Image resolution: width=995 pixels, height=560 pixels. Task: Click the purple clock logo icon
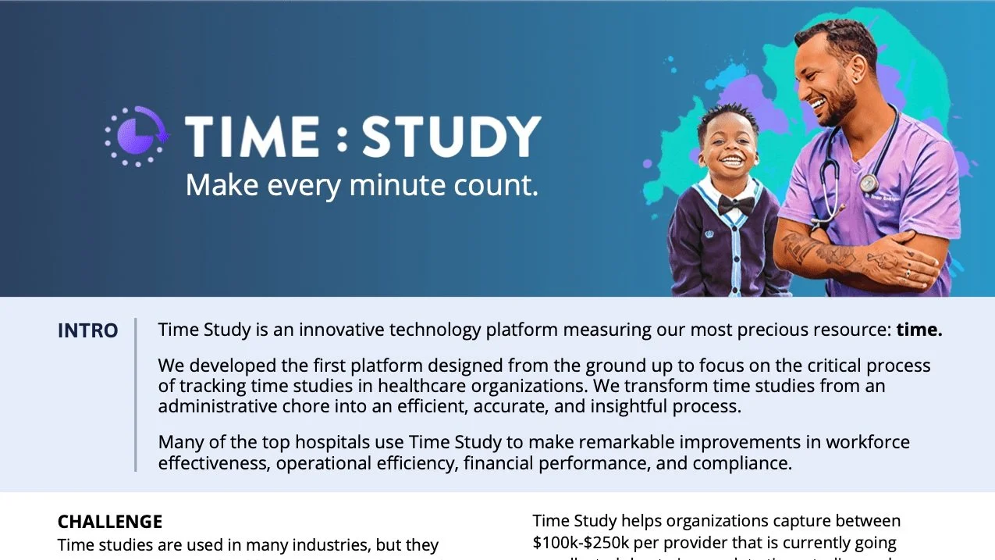pos(137,136)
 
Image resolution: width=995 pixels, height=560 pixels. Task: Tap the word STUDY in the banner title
pos(451,136)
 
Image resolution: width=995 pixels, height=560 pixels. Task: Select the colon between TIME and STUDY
pos(340,137)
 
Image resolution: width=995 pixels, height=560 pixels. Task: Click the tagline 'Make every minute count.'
pos(361,185)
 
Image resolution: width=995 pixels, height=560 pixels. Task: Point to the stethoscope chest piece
pos(868,183)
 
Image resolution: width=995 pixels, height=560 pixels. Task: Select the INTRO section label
pos(87,330)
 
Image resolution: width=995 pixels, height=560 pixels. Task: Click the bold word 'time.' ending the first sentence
pos(919,330)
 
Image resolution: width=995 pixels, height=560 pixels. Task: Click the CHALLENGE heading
pos(110,522)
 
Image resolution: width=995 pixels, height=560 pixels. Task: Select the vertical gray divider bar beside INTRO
pos(136,394)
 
